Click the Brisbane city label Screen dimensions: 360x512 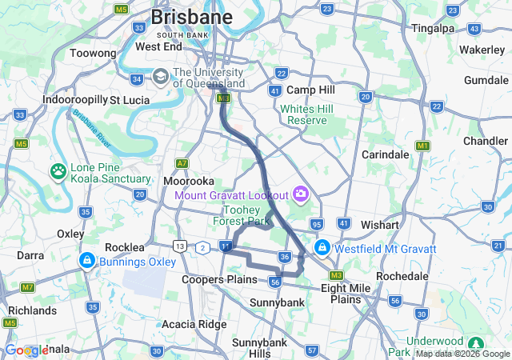click(192, 17)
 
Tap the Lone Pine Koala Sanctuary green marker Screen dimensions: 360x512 click(58, 170)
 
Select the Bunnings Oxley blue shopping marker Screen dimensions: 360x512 click(86, 261)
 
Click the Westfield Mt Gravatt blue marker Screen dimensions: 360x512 click(322, 248)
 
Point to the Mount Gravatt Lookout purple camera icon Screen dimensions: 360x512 click(300, 194)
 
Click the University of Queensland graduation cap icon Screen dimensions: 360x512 click(159, 77)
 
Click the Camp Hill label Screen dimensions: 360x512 click(310, 90)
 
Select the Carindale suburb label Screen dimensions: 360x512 click(386, 154)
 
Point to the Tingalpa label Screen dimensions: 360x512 click(433, 28)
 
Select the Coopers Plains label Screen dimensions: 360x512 click(219, 279)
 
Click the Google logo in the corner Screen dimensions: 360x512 click(26, 350)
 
